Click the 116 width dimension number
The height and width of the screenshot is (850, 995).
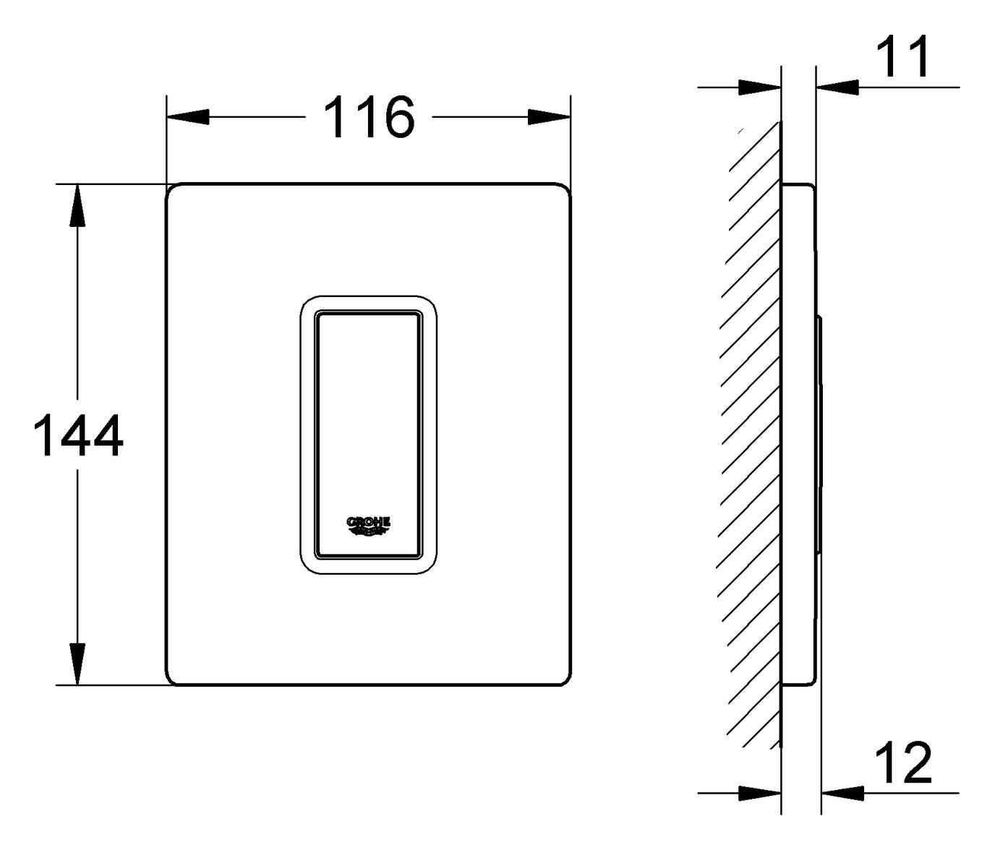[x=369, y=117]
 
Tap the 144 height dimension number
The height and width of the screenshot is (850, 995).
[x=78, y=436]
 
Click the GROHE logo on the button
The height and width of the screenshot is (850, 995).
[x=369, y=525]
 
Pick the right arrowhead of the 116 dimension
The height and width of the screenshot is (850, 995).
[x=550, y=117]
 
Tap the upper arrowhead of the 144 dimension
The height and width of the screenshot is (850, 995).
[x=77, y=206]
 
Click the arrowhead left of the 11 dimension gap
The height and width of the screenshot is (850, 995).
[x=759, y=87]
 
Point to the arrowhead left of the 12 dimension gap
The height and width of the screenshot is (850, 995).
[x=759, y=793]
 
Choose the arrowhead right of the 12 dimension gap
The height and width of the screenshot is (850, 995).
[x=843, y=793]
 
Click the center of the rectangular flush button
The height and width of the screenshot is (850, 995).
[x=367, y=435]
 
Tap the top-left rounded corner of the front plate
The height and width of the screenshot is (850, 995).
[x=172, y=189]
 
